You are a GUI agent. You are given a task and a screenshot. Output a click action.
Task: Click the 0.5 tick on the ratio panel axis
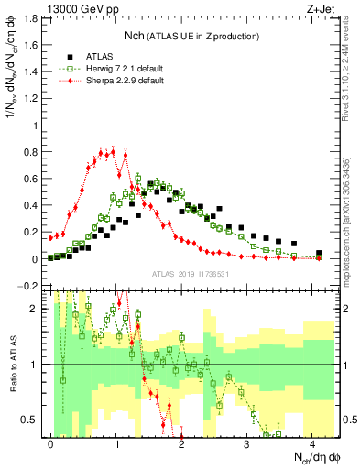pos(34,420)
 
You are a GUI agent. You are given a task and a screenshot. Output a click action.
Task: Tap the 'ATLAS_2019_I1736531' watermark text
pos(190,274)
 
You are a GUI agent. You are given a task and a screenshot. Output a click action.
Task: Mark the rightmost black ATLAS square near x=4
pos(319,253)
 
